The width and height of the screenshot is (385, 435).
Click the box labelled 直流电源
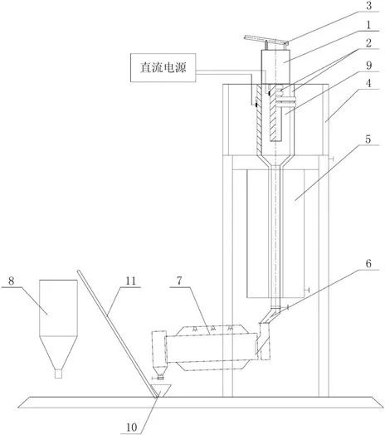pos(163,68)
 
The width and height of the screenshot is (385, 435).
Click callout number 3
pos(368,6)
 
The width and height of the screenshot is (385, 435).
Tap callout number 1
pos(368,25)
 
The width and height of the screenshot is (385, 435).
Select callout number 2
pos(368,43)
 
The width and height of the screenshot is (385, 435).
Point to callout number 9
pos(368,66)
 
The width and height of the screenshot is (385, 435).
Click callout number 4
pos(368,83)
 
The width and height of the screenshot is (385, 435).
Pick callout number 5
pos(368,139)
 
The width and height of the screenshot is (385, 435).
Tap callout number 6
pos(368,263)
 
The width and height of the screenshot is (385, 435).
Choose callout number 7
pos(179,281)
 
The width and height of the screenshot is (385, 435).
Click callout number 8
pos(11,281)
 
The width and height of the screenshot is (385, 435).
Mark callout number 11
pos(130,281)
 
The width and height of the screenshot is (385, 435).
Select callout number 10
pos(131,428)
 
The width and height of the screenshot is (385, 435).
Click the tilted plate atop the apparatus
pos(266,41)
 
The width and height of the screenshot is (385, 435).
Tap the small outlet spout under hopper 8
pos(58,374)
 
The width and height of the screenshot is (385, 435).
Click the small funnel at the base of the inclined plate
pos(161,391)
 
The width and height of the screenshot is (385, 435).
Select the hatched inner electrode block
pos(275,113)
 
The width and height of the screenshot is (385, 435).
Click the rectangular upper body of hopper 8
pos(58,308)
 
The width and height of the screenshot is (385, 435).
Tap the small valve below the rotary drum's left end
pos(159,377)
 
